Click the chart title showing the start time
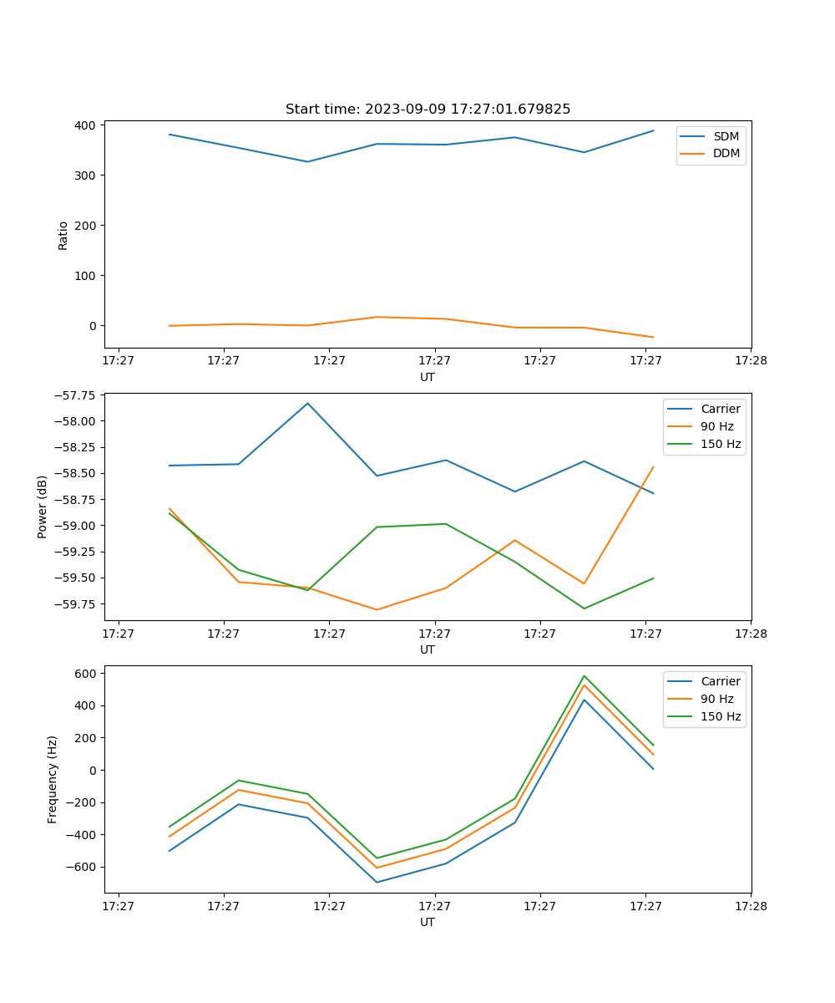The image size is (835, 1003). coord(428,109)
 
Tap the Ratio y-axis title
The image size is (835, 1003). coord(63,236)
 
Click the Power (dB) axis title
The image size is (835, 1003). coord(43,507)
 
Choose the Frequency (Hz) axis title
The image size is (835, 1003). coord(53,779)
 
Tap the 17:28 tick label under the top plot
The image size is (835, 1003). coord(751,361)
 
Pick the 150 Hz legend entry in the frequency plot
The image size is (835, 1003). coord(721,716)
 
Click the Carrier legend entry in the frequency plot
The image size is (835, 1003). coord(720,681)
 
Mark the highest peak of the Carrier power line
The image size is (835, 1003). coord(307,403)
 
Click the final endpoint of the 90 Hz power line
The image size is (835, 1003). coord(653,467)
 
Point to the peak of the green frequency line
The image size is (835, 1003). coord(584,676)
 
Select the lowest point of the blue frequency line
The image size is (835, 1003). coord(377,882)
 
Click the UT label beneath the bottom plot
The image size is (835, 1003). coord(428,922)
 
